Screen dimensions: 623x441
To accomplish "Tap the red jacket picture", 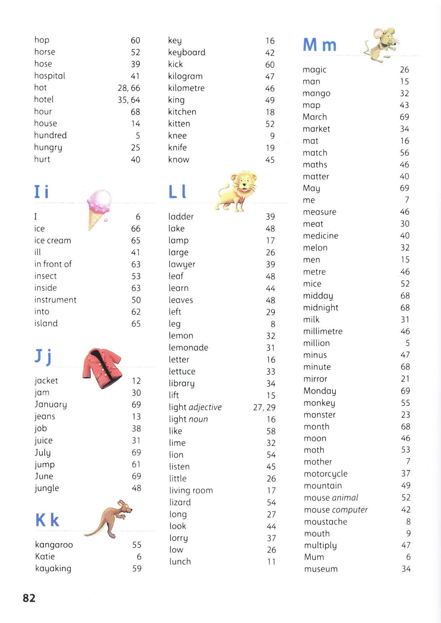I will [x=102, y=368].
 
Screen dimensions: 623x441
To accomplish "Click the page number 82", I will [x=29, y=598].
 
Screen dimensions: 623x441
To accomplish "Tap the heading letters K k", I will [x=47, y=520].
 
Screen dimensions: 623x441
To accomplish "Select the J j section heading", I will [x=43, y=356].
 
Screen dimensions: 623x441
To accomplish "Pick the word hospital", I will [x=50, y=76].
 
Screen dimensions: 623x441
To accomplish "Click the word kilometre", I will [x=186, y=88].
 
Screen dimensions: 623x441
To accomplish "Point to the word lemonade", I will [x=188, y=347].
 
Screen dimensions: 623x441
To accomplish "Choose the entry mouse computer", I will [x=336, y=510].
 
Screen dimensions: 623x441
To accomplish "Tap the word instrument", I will [x=55, y=300].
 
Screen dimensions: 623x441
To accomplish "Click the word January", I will [x=51, y=405].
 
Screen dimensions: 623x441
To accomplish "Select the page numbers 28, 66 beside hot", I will [x=129, y=88].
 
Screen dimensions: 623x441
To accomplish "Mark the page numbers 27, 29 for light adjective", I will [x=264, y=407].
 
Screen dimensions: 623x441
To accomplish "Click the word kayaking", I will [x=53, y=569].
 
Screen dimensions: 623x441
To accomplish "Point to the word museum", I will [x=321, y=569].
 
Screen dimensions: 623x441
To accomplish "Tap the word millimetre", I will [x=323, y=331].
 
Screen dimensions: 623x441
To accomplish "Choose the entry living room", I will [x=191, y=491].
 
